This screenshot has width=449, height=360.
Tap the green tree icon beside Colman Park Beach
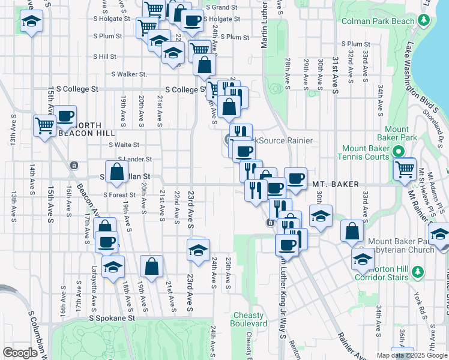[424, 21]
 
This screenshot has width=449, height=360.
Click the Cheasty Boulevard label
[249, 319]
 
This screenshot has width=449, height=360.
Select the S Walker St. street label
[129, 74]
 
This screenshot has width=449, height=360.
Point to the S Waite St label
[124, 145]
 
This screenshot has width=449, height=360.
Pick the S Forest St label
[119, 194]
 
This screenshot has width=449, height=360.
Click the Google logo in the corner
[20, 353]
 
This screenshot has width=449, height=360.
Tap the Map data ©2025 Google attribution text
[411, 355]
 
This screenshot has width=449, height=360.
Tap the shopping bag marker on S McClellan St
[116, 170]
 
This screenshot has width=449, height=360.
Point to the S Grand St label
[221, 7]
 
